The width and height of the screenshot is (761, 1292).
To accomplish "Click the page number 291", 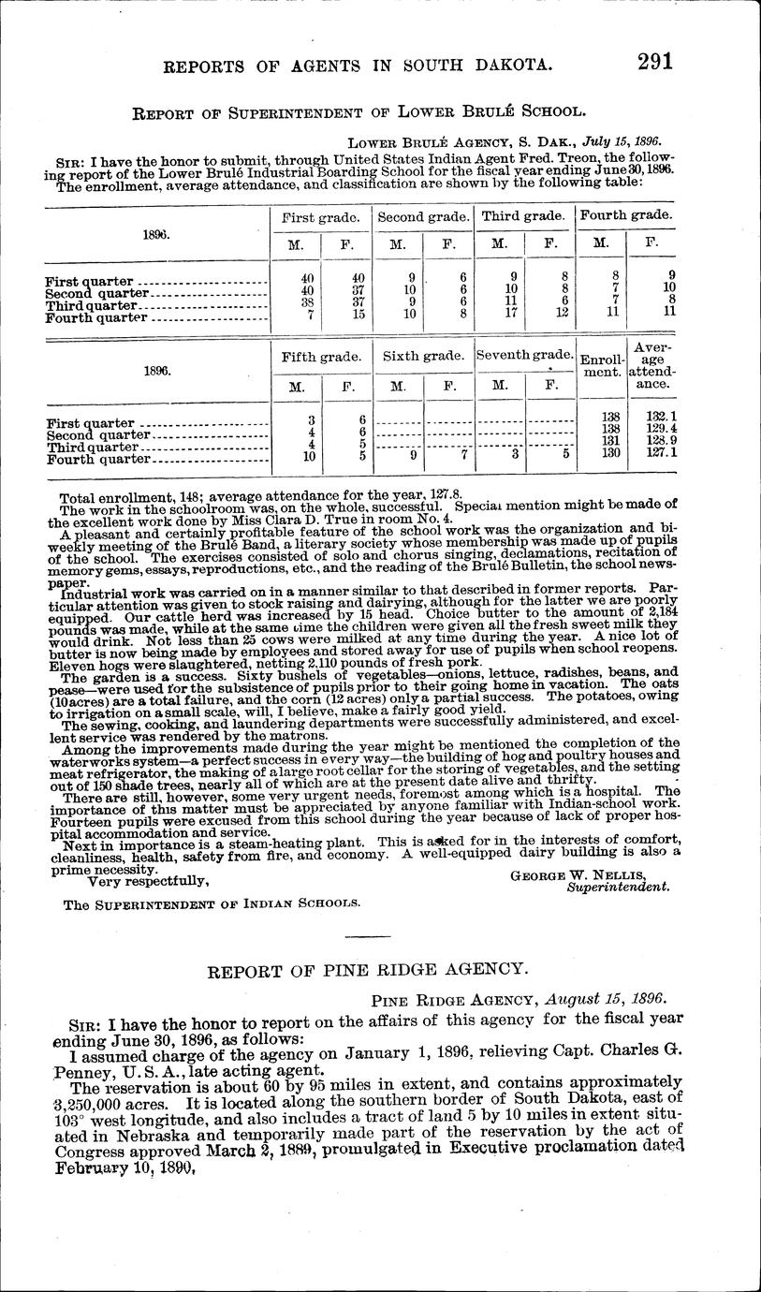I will tap(655, 63).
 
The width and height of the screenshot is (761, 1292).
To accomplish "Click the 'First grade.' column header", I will tap(321, 216).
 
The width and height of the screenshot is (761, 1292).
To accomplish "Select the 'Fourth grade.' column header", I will tap(626, 214).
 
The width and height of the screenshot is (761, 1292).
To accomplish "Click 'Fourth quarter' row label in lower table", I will tap(98, 460).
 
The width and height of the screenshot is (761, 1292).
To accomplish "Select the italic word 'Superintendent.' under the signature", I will tap(618, 886).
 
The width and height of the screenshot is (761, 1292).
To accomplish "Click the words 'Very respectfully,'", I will tap(147, 881).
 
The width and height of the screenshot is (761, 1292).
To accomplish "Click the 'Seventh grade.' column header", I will tap(524, 356).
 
